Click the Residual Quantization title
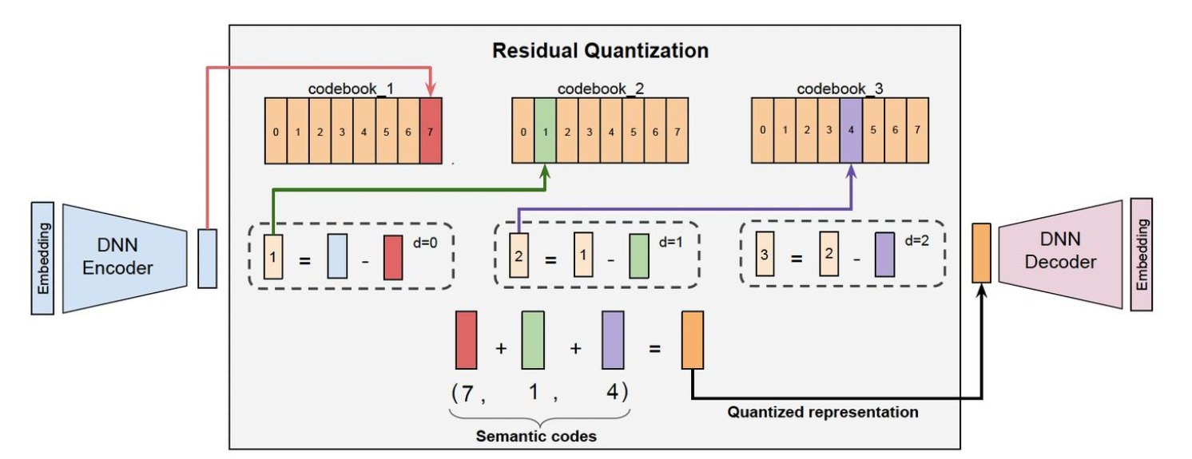click(x=600, y=51)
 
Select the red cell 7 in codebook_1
click(x=430, y=131)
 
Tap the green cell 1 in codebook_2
click(x=544, y=131)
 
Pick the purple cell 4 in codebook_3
click(x=851, y=130)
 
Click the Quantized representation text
click(x=823, y=412)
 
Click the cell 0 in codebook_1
click(x=276, y=131)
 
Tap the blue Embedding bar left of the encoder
click(x=43, y=257)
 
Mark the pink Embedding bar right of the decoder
click(x=1142, y=254)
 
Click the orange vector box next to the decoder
click(x=980, y=253)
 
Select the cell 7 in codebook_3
click(x=917, y=130)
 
